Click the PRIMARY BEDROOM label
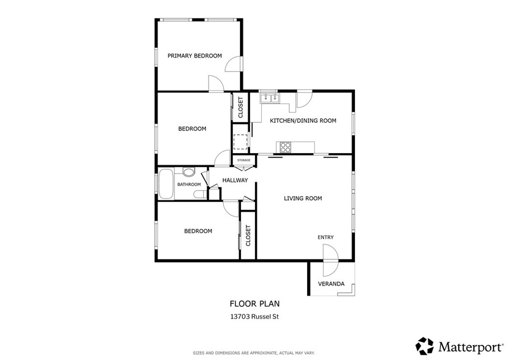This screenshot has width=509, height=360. (194, 56)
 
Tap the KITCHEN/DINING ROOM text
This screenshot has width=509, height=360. (303, 120)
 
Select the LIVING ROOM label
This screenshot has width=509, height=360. (303, 198)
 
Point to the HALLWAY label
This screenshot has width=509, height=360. (235, 180)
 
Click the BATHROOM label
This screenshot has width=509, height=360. (189, 184)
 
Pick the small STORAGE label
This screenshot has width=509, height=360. (244, 160)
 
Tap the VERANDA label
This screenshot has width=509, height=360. (331, 284)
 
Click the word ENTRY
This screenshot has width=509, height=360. (326, 237)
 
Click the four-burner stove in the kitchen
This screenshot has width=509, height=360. (286, 147)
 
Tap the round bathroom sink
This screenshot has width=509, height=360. (188, 173)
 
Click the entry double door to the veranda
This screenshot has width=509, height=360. (330, 261)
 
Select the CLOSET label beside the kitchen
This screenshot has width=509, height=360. (241, 107)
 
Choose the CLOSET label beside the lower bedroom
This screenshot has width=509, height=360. (248, 236)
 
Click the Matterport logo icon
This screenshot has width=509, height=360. (424, 346)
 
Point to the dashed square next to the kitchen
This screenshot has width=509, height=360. (241, 142)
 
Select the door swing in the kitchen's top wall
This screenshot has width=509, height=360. (303, 98)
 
